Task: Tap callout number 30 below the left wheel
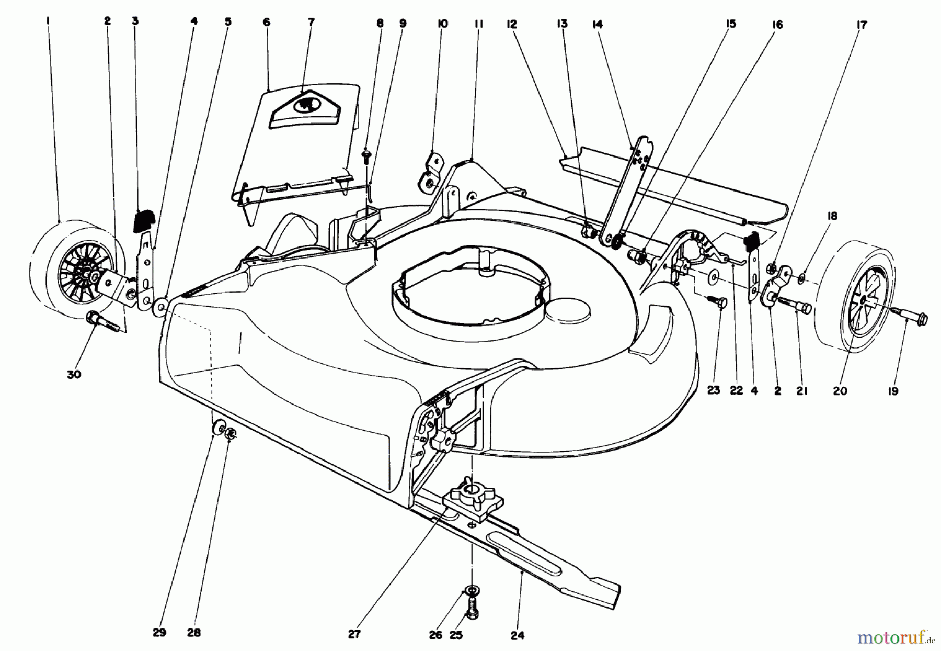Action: (x=74, y=375)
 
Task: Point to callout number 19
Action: (x=893, y=391)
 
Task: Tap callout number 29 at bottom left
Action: (x=159, y=632)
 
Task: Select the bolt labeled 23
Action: (x=719, y=302)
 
